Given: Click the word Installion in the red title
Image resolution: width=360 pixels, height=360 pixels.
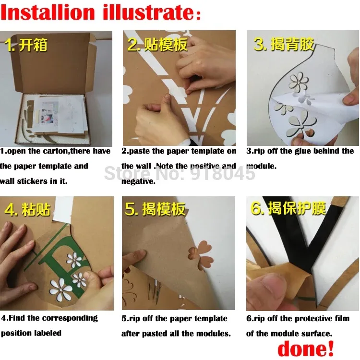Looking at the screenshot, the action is (x=48, y=12).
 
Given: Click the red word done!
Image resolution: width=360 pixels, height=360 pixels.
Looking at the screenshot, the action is (x=306, y=348).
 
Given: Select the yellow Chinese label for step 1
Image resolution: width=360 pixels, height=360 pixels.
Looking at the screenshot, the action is (x=26, y=45).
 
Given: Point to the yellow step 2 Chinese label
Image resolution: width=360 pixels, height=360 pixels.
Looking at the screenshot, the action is (x=157, y=44).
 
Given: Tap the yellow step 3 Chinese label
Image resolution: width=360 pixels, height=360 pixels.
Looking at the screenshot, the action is (x=284, y=44).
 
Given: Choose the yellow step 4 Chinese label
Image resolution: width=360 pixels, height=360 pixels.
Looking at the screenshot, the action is (x=27, y=209).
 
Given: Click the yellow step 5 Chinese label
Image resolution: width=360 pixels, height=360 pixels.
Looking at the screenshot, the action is (x=155, y=209).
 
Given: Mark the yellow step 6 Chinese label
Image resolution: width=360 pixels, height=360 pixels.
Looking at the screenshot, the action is (x=288, y=208).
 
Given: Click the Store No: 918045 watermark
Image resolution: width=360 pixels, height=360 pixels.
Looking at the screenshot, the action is (x=180, y=173).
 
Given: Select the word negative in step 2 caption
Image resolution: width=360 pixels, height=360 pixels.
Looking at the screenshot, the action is (x=138, y=181).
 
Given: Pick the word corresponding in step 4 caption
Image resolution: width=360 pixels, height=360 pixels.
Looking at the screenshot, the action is (x=70, y=318).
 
